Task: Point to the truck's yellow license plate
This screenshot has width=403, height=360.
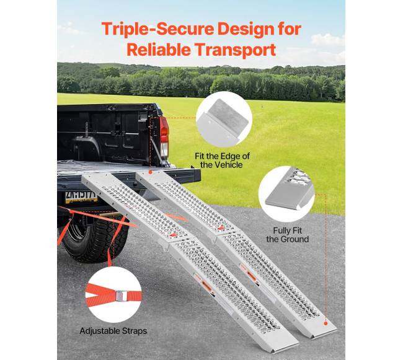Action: [x=81, y=197]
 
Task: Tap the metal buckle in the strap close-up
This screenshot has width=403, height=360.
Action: [x=121, y=296]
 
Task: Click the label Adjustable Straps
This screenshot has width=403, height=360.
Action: [x=113, y=331]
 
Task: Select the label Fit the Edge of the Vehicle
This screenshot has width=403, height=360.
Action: [x=222, y=160]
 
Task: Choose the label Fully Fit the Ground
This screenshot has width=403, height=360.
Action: [x=287, y=235]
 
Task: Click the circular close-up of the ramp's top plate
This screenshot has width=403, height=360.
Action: [x=224, y=119]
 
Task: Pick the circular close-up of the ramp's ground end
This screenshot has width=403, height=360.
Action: [x=286, y=194]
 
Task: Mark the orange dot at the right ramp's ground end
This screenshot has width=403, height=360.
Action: [x=325, y=323]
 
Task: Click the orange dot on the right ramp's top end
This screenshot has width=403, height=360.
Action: [x=151, y=173]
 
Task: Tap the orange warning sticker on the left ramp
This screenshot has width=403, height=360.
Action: [x=206, y=284]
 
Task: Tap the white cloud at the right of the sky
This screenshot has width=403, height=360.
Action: [x=328, y=40]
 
